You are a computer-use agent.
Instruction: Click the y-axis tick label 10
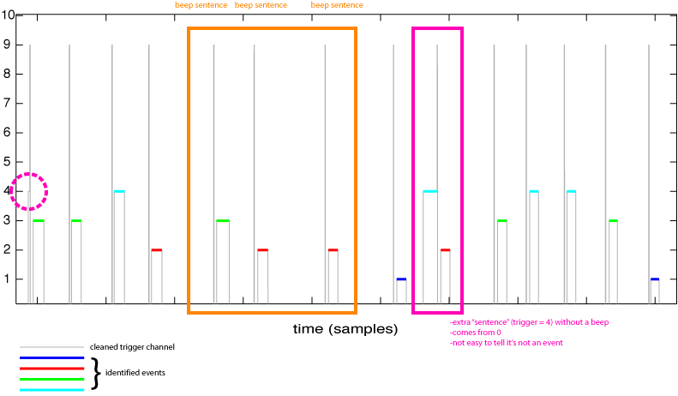[8, 15]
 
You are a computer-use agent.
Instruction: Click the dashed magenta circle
[28, 191]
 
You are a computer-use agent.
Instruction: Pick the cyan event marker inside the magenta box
[429, 191]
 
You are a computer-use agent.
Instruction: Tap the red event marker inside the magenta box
[445, 250]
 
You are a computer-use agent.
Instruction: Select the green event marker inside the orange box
[223, 221]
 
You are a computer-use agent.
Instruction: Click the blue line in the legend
[51, 357]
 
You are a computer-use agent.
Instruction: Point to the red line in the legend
[51, 368]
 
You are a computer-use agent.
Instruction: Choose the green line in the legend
[51, 379]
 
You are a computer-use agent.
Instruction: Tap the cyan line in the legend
[51, 389]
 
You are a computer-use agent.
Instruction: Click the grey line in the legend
[51, 347]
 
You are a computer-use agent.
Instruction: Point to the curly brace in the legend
[96, 373]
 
